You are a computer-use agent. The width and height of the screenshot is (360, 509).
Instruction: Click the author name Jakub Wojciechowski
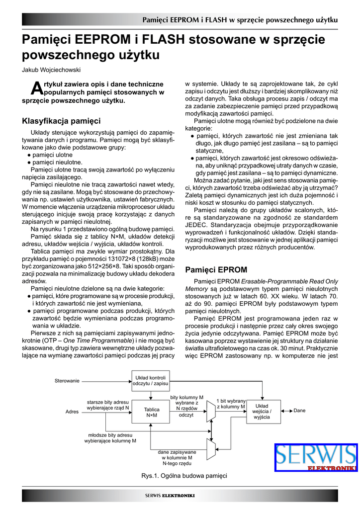(51, 70)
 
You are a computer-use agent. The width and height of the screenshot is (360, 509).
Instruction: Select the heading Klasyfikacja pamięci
(61, 121)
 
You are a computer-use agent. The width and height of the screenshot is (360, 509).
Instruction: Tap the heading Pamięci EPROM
(216, 270)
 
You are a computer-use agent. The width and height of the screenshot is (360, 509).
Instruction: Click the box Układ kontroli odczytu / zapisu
(151, 381)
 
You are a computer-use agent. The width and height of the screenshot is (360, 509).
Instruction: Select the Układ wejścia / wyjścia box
(262, 412)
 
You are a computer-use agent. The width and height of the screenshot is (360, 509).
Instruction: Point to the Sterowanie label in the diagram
(67, 381)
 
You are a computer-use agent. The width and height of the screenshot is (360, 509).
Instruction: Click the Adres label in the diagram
(72, 412)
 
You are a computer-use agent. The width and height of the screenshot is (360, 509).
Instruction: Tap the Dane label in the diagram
(299, 411)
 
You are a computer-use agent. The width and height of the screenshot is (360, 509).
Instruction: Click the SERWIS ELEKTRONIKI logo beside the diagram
(316, 457)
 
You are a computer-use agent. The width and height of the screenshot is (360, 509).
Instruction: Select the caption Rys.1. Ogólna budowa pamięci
(184, 476)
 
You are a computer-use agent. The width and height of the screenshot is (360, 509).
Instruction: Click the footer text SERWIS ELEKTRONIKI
(170, 496)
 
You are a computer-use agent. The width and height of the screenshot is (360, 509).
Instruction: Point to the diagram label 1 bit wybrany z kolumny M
(231, 404)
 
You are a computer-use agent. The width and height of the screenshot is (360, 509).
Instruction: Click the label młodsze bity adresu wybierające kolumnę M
(110, 437)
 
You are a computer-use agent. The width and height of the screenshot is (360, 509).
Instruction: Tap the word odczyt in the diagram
(186, 415)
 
